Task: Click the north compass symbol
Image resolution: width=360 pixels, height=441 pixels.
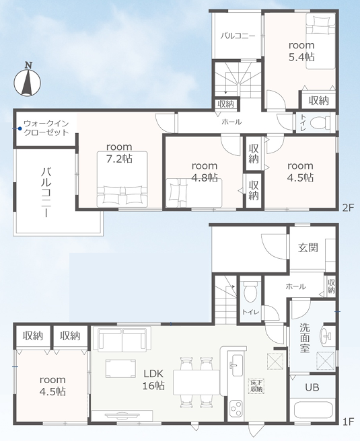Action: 28,79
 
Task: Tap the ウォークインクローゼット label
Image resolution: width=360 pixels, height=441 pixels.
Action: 46,128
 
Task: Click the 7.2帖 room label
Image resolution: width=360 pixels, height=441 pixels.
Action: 119,153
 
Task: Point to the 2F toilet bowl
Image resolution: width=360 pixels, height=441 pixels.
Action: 320,123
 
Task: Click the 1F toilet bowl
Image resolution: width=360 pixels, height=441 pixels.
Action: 250,291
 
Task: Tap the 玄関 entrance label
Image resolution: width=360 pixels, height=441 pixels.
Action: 308,247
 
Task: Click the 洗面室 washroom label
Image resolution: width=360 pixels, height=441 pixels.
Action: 305,337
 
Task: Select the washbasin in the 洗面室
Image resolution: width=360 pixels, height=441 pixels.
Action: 326,335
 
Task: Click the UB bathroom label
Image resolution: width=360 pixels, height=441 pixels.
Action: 312,387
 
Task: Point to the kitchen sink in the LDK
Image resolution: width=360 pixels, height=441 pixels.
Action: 236,365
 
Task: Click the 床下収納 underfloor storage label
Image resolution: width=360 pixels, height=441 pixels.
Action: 256,386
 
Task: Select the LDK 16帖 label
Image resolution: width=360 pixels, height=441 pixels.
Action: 153,380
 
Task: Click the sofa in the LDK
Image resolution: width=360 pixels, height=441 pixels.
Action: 122,339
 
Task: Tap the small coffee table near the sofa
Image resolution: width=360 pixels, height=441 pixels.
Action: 120,368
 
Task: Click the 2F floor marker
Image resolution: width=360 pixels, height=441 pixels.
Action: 348,208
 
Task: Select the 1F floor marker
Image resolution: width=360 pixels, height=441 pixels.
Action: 348,422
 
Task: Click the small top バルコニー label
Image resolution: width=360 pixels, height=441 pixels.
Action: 238,36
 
